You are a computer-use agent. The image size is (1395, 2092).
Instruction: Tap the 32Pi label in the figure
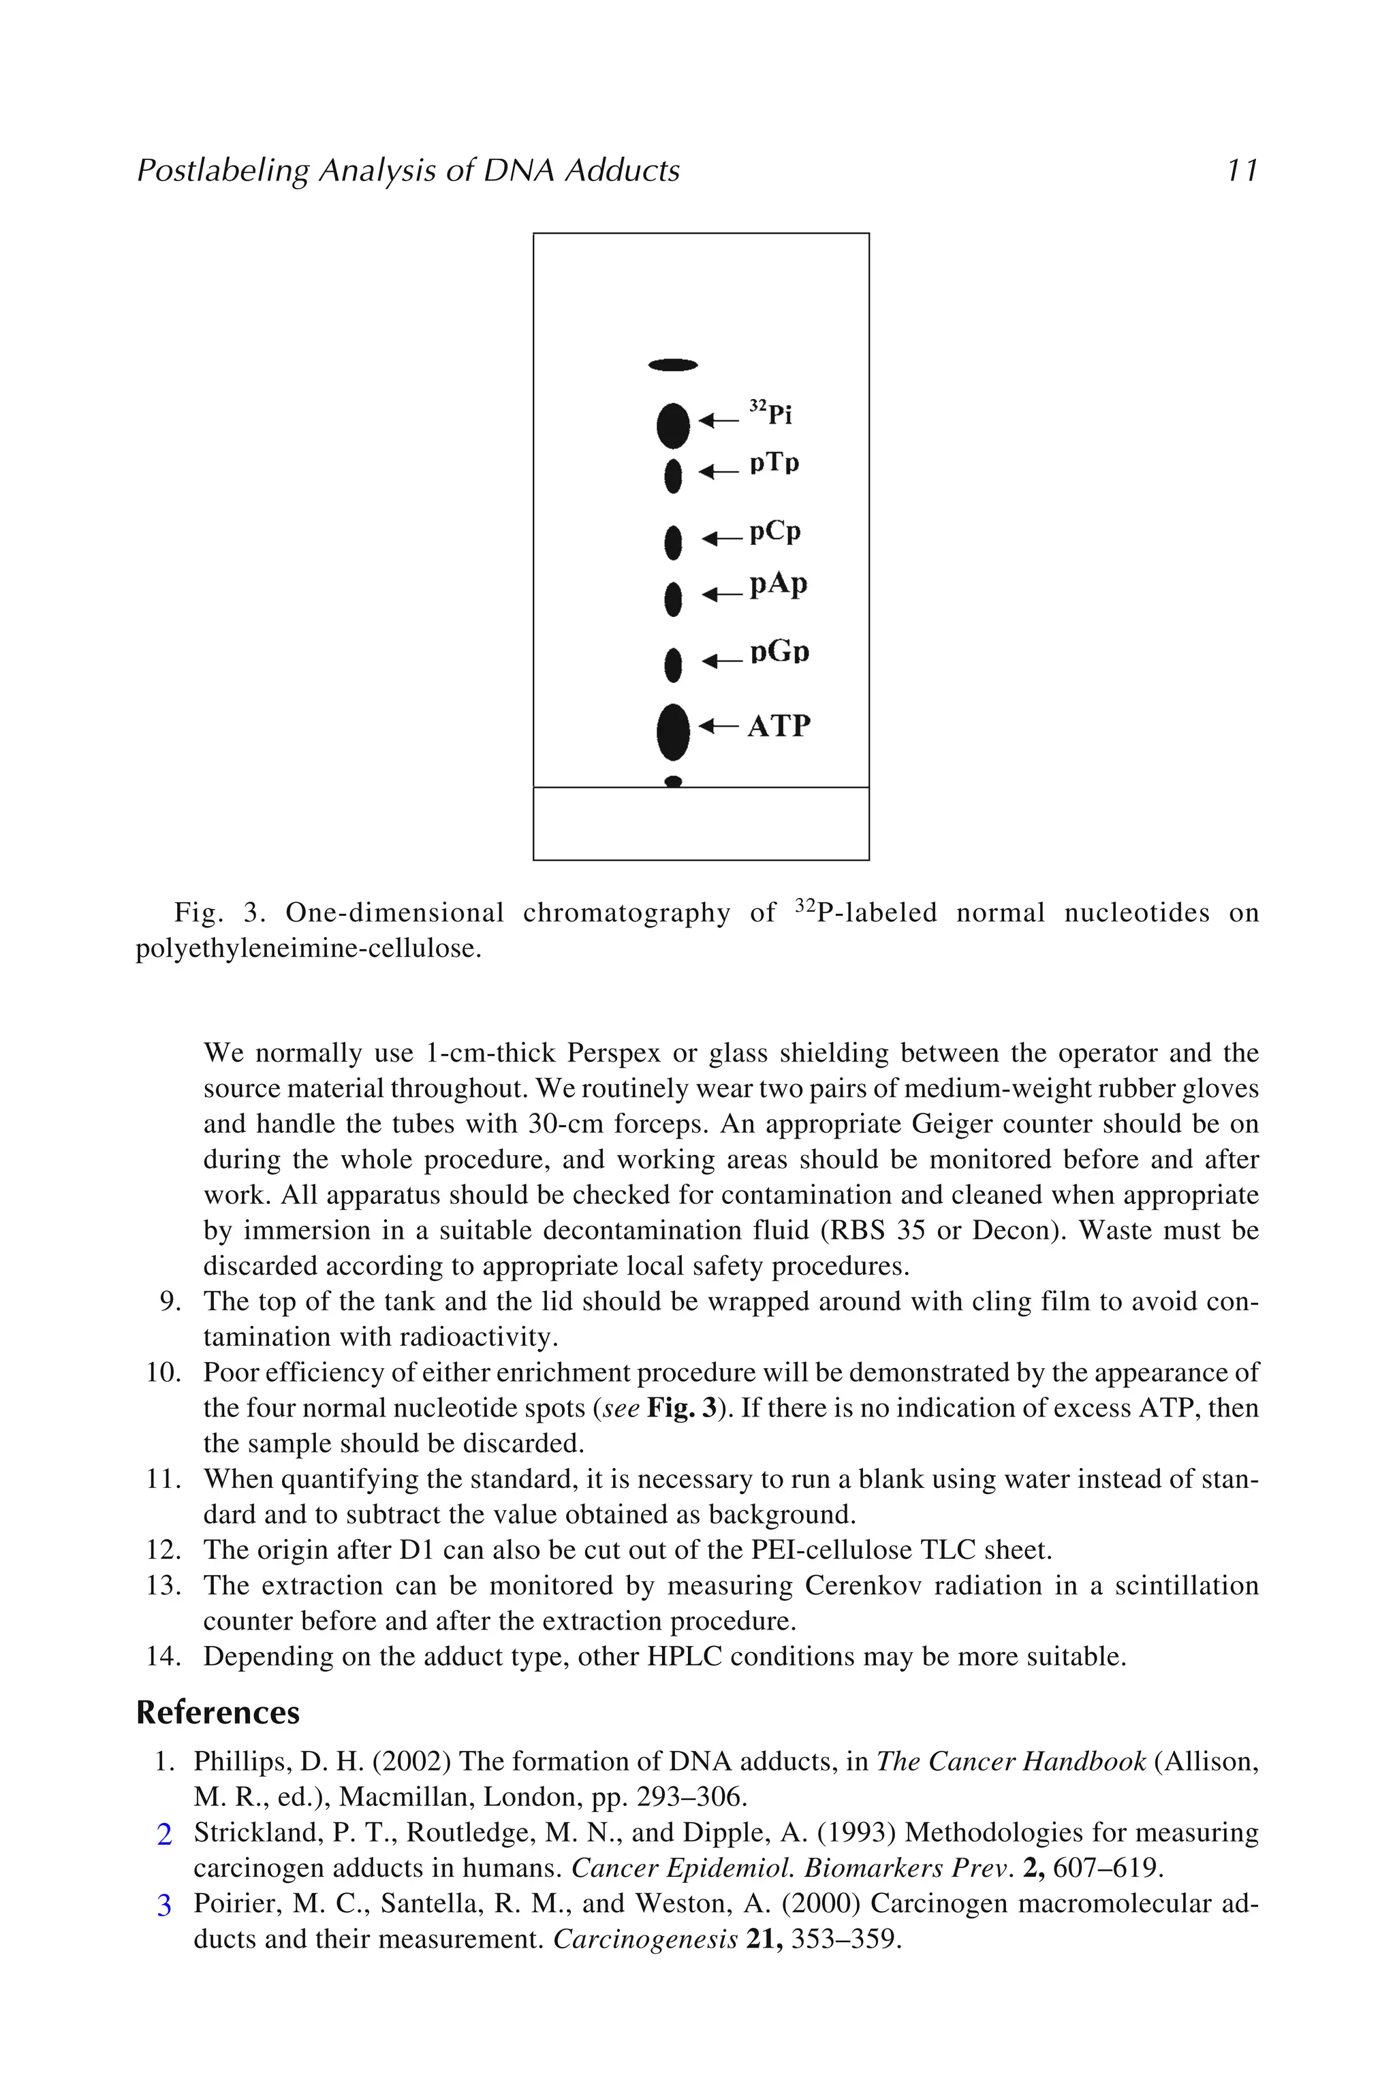pos(770,413)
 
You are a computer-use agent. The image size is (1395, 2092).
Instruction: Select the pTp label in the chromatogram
pos(774,463)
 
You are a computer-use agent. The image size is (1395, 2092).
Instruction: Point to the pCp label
pos(775,532)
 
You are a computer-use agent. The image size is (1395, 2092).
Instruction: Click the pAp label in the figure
pos(779,584)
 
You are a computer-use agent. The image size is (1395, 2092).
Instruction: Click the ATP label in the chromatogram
pos(779,726)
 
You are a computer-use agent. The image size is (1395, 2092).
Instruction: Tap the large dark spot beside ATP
pos(674,732)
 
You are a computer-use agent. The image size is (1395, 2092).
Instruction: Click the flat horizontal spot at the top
pos(674,365)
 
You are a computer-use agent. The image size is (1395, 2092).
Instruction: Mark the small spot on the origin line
pos(674,782)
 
